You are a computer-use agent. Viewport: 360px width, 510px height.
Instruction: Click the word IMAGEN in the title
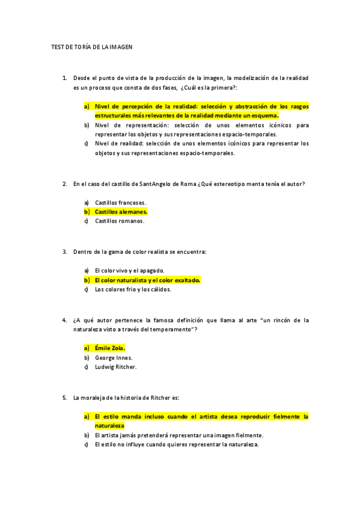click(119, 46)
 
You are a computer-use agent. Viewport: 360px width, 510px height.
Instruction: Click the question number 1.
click(64, 78)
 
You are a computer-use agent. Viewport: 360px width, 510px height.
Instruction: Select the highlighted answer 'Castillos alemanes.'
click(121, 212)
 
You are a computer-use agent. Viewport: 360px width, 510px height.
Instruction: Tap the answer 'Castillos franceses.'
click(120, 203)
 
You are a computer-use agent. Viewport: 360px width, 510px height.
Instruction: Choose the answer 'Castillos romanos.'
click(119, 221)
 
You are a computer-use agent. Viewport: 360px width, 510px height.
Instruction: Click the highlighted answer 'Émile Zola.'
click(110, 348)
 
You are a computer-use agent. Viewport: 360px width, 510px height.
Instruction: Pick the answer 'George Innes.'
click(114, 357)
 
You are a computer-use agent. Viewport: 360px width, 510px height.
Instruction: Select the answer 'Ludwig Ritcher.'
click(115, 366)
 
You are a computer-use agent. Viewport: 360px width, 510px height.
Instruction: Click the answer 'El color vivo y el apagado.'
click(129, 271)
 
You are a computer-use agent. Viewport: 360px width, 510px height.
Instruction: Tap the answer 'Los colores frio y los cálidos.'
click(133, 289)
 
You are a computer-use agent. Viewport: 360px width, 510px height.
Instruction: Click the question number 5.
click(64, 398)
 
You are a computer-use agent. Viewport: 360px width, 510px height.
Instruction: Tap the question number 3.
click(64, 252)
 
